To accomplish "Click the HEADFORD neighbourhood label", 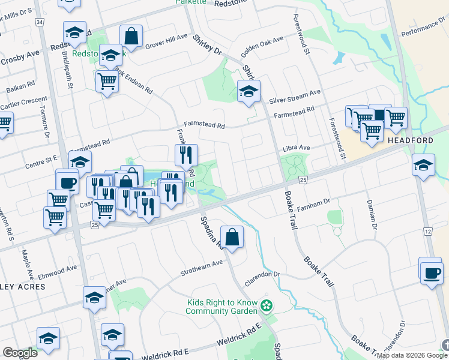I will [411, 140].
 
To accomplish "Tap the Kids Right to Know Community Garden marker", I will [267, 307].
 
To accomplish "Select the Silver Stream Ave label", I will [295, 96].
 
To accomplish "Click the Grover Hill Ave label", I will [166, 40].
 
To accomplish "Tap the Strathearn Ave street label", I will [202, 268].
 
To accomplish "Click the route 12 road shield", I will [428, 231].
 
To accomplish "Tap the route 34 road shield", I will [40, 22].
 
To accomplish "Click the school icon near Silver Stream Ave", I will [248, 92].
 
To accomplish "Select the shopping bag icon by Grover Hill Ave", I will [131, 37].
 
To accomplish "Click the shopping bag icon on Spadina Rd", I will [232, 236].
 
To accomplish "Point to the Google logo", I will [20, 353].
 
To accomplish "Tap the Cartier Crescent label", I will [23, 103].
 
